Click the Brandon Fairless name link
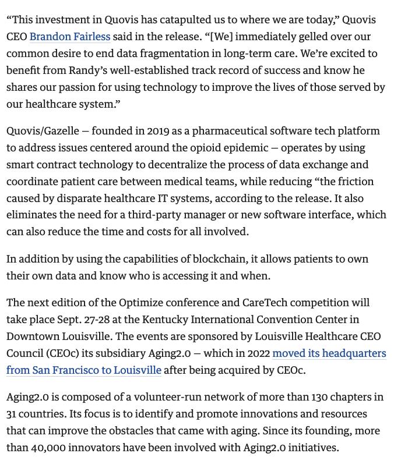70,37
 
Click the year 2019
158,131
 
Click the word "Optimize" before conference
143,303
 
